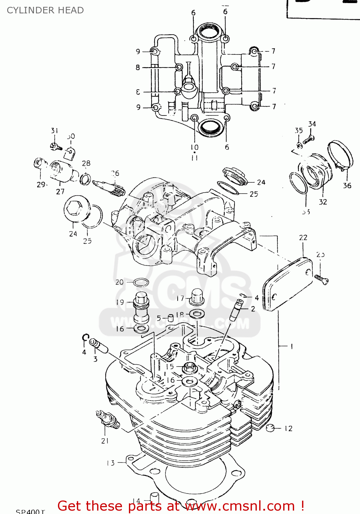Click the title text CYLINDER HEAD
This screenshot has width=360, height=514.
(45, 10)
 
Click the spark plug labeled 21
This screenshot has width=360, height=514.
(108, 420)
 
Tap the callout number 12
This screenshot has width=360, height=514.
(288, 429)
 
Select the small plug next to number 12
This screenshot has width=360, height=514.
(271, 428)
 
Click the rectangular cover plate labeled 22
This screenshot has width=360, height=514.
(288, 284)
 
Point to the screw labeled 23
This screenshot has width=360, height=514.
(322, 280)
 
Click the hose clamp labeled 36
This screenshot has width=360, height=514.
(340, 156)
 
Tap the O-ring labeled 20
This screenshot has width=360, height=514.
(141, 283)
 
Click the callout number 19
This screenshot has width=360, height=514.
(120, 302)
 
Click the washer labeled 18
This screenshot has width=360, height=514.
(197, 313)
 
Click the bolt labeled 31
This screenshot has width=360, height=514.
(56, 147)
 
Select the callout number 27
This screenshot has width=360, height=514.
(60, 192)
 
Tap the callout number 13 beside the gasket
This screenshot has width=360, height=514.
(110, 463)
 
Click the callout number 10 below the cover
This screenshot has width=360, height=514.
(194, 147)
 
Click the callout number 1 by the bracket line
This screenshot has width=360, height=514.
(291, 346)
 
